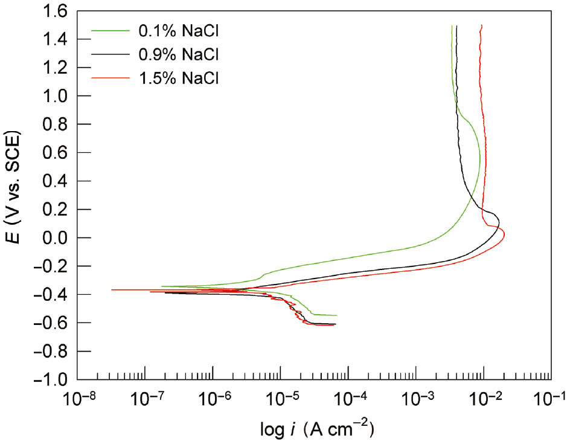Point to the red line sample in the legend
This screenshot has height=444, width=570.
click(x=110, y=77)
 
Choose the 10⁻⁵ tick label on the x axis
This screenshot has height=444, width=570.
click(x=280, y=399)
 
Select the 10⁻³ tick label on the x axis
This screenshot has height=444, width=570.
click(x=415, y=399)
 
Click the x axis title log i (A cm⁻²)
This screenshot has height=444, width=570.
click(x=314, y=430)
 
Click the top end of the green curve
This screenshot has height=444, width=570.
click(x=452, y=26)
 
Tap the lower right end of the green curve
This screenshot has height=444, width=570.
click(x=336, y=315)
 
